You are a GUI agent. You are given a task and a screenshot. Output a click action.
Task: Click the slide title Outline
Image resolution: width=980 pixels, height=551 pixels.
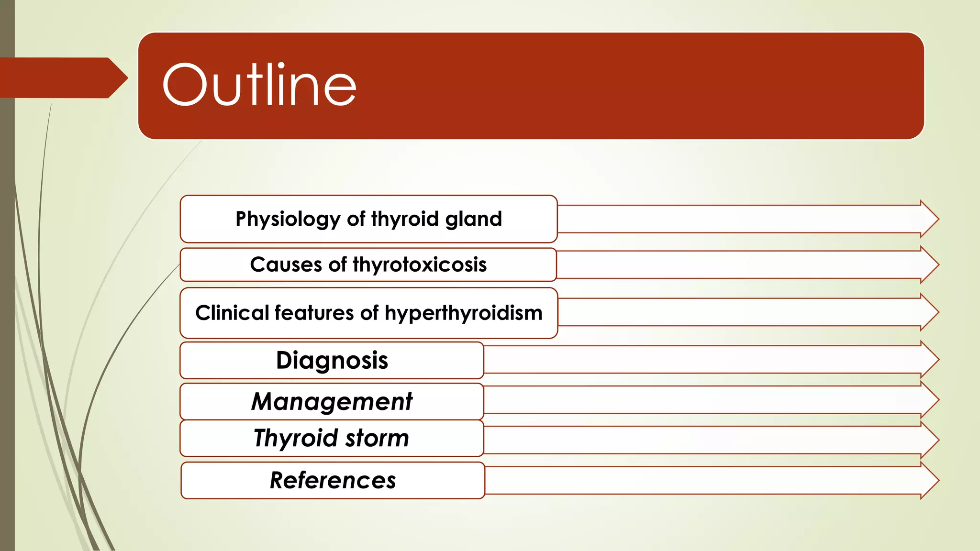click(259, 85)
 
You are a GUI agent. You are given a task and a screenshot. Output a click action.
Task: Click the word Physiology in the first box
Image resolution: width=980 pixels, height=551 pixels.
click(287, 219)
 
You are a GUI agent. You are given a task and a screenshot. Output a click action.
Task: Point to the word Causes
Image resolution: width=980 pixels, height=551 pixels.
click(286, 264)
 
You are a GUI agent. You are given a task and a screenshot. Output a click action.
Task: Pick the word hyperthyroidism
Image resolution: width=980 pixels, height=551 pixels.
click(463, 313)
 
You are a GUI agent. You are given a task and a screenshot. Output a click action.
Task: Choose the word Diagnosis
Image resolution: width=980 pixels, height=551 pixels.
click(332, 360)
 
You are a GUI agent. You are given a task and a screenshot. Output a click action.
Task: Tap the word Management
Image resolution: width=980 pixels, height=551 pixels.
click(332, 401)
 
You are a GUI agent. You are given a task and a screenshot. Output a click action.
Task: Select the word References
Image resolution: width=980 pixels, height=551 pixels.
click(333, 480)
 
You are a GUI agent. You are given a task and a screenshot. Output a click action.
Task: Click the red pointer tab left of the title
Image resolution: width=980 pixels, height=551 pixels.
click(62, 77)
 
